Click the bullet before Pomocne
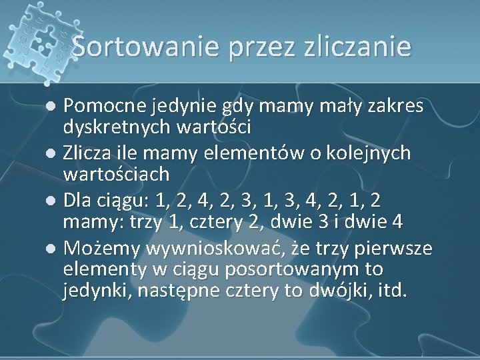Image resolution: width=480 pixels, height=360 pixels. (x=55, y=106)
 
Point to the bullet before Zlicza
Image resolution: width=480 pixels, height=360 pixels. (x=55, y=155)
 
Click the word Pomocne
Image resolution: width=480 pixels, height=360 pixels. (x=107, y=105)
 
